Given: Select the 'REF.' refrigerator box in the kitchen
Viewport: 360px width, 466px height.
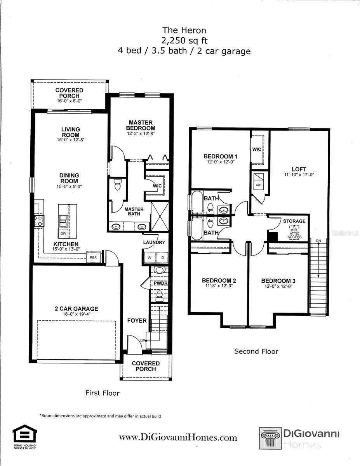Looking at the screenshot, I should [x=93, y=257].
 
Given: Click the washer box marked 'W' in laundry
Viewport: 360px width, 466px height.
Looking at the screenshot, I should [x=149, y=258].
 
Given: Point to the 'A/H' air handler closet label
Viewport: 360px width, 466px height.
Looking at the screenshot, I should [x=259, y=185].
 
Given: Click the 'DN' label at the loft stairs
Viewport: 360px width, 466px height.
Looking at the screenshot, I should [x=318, y=241].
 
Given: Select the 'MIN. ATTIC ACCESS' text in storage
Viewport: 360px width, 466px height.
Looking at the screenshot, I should [x=294, y=233].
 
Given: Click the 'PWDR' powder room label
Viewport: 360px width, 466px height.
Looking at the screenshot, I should [x=160, y=283].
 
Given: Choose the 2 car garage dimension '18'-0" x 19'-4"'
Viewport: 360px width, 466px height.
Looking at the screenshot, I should [x=76, y=315].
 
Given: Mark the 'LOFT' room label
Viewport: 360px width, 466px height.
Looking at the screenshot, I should [x=299, y=169].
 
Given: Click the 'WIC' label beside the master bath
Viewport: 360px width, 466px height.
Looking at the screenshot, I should [x=157, y=186].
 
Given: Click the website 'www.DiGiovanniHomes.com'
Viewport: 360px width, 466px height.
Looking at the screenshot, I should [x=178, y=438].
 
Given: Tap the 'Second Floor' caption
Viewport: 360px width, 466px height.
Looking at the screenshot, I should [x=256, y=351].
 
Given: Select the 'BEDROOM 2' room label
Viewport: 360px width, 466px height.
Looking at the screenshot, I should [x=219, y=281].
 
